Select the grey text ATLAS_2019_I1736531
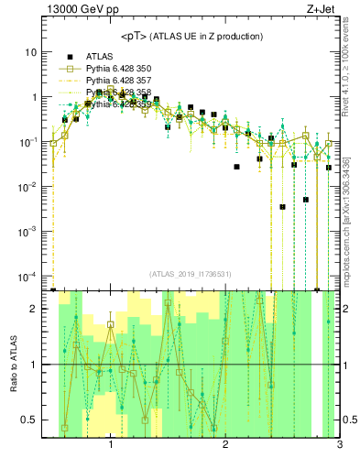coord(191,275)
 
